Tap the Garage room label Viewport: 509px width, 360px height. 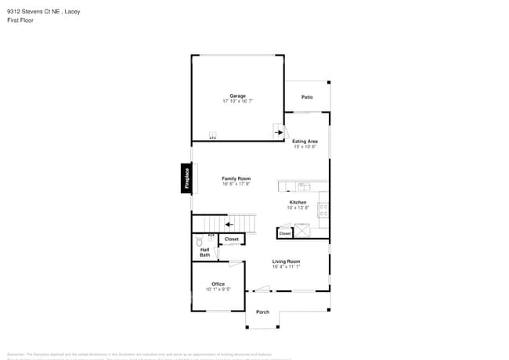[237, 96]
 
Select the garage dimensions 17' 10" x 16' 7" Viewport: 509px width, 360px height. [237, 102]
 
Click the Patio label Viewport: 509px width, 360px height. [308, 97]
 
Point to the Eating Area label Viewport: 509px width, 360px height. [305, 142]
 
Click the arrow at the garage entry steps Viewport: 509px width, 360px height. [278, 133]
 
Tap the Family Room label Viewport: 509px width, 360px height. [236, 178]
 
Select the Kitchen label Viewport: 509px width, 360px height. [298, 203]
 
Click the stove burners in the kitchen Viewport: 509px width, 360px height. [323, 210]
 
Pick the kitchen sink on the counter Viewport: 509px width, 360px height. [303, 186]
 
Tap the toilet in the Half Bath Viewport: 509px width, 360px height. [200, 242]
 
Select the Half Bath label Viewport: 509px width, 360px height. [204, 253]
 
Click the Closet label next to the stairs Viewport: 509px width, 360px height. [231, 239]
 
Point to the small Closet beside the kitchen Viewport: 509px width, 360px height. [285, 233]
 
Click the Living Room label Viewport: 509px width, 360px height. [286, 261]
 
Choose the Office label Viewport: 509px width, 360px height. [218, 284]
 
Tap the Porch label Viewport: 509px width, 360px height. [262, 312]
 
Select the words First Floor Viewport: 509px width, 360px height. [21, 21]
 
